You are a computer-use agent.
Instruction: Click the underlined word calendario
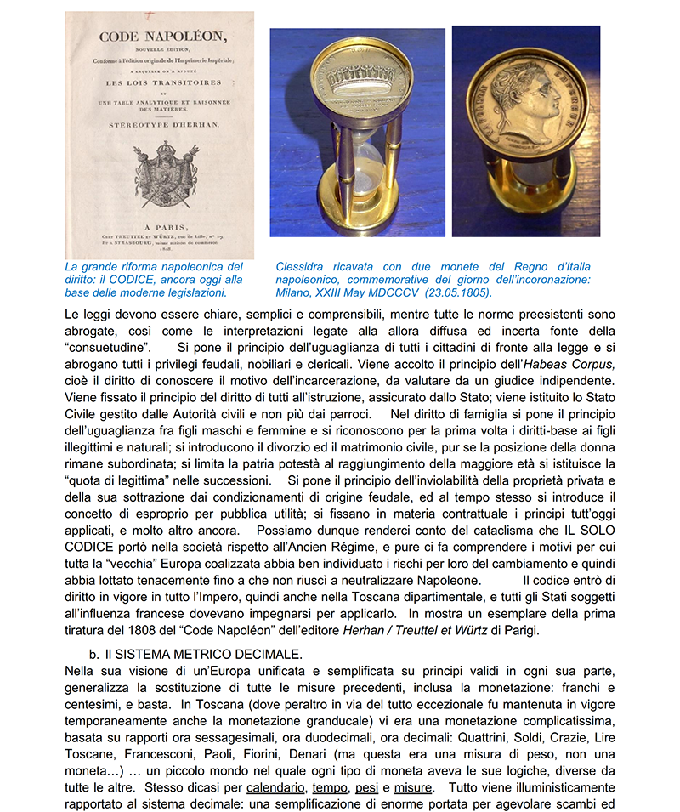click(x=275, y=787)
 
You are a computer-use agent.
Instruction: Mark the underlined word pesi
click(x=367, y=787)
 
